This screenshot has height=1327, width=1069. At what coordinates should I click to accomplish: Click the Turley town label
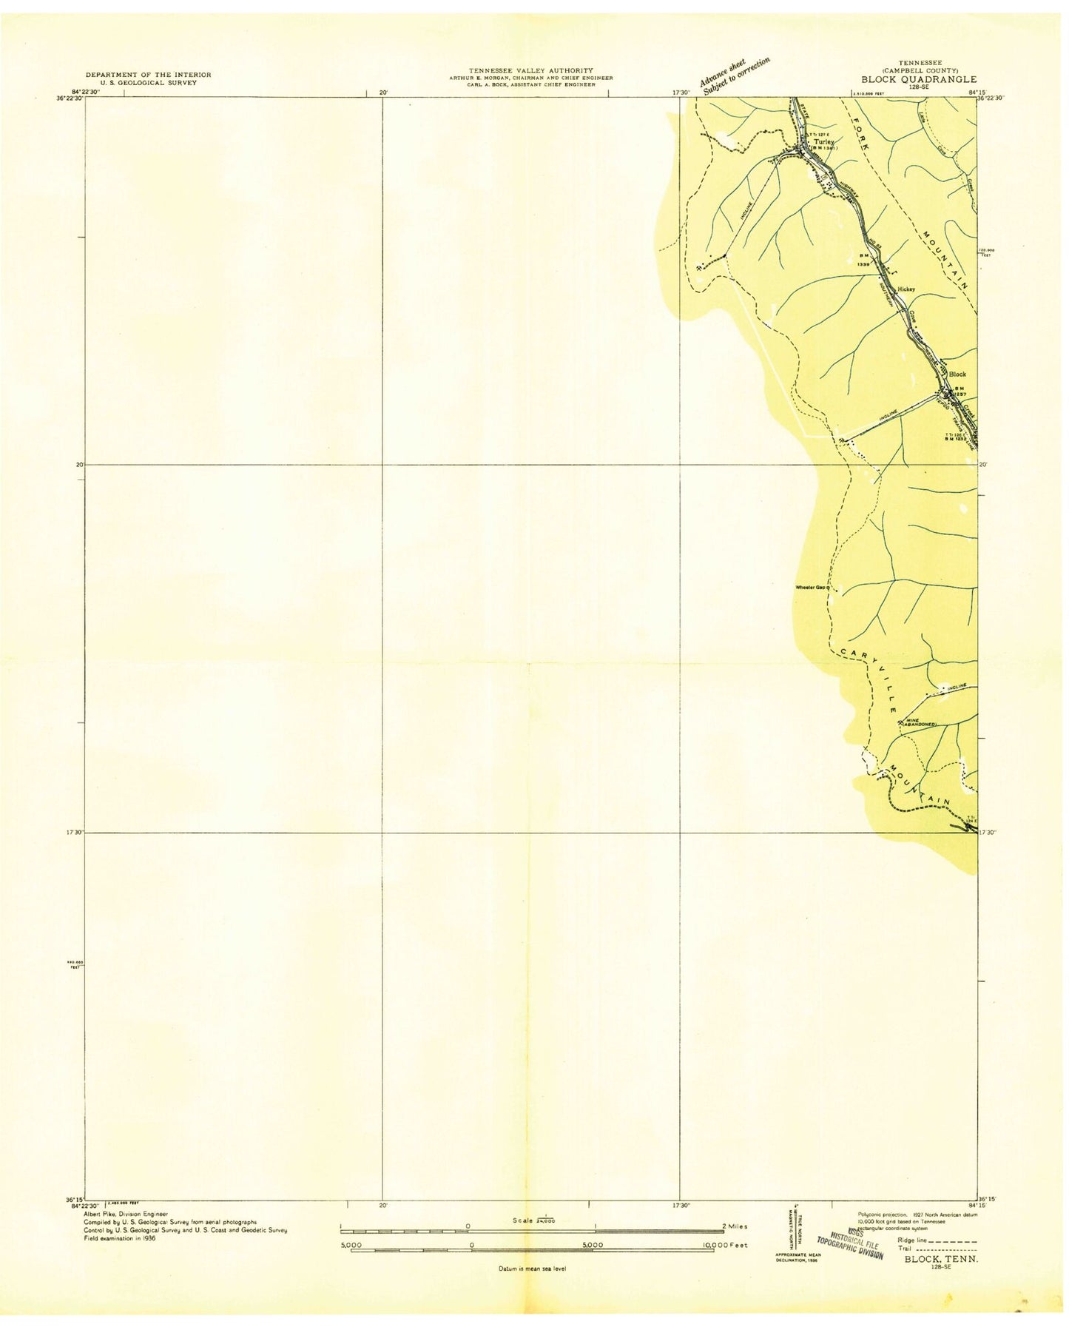(x=823, y=141)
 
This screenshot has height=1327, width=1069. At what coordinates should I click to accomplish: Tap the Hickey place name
(x=906, y=289)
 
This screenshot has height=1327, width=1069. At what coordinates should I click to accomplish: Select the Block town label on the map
(x=957, y=374)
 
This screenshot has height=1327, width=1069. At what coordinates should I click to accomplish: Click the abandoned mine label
(x=918, y=723)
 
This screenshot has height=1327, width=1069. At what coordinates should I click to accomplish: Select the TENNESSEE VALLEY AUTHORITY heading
(x=530, y=70)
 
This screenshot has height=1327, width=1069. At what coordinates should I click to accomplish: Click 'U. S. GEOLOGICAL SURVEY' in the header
(x=148, y=83)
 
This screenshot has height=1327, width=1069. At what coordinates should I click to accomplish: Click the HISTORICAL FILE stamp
(x=851, y=1239)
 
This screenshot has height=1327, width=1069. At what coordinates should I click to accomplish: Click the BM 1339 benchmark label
(x=863, y=260)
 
